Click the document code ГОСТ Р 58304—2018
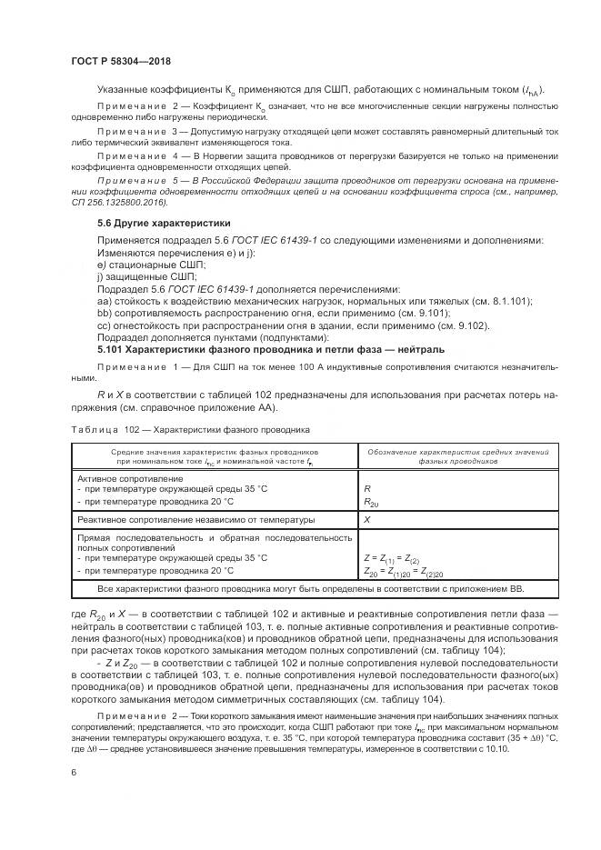pyautogui.click(x=120, y=60)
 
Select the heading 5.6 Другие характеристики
pyautogui.click(x=151, y=223)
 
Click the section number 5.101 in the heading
pyautogui.click(x=112, y=348)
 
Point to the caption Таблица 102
pyautogui.click(x=94, y=428)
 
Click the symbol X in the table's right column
pyautogui.click(x=366, y=520)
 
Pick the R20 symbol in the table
pyautogui.click(x=370, y=501)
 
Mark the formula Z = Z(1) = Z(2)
pyautogui.click(x=391, y=557)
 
